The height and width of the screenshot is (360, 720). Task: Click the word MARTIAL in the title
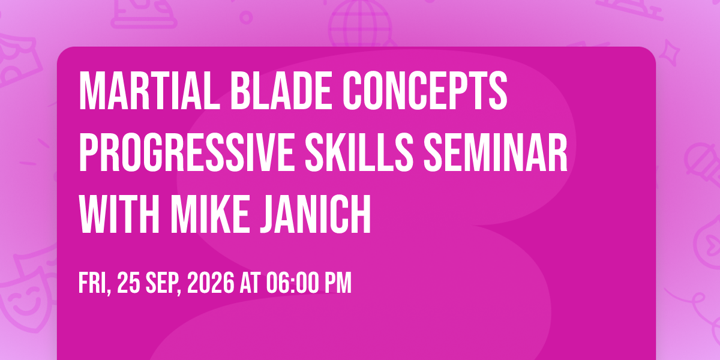[x=149, y=91]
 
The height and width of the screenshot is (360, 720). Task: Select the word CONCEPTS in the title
[x=425, y=91]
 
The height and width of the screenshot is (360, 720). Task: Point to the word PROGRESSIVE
[x=187, y=152]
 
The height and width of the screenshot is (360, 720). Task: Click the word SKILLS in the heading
[x=359, y=152]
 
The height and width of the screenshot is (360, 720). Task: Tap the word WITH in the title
[x=119, y=214]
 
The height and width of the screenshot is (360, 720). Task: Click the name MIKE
[x=210, y=214]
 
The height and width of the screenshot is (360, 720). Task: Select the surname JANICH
[x=316, y=214]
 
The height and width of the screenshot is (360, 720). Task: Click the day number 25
[x=128, y=283]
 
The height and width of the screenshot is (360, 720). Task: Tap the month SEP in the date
[x=164, y=283]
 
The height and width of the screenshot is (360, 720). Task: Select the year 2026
[x=211, y=283]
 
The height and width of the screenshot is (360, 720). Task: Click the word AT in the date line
[x=250, y=283]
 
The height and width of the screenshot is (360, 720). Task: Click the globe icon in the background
[x=361, y=24]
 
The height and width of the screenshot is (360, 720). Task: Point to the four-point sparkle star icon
[x=670, y=52]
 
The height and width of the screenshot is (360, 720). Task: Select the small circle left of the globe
[x=246, y=17]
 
